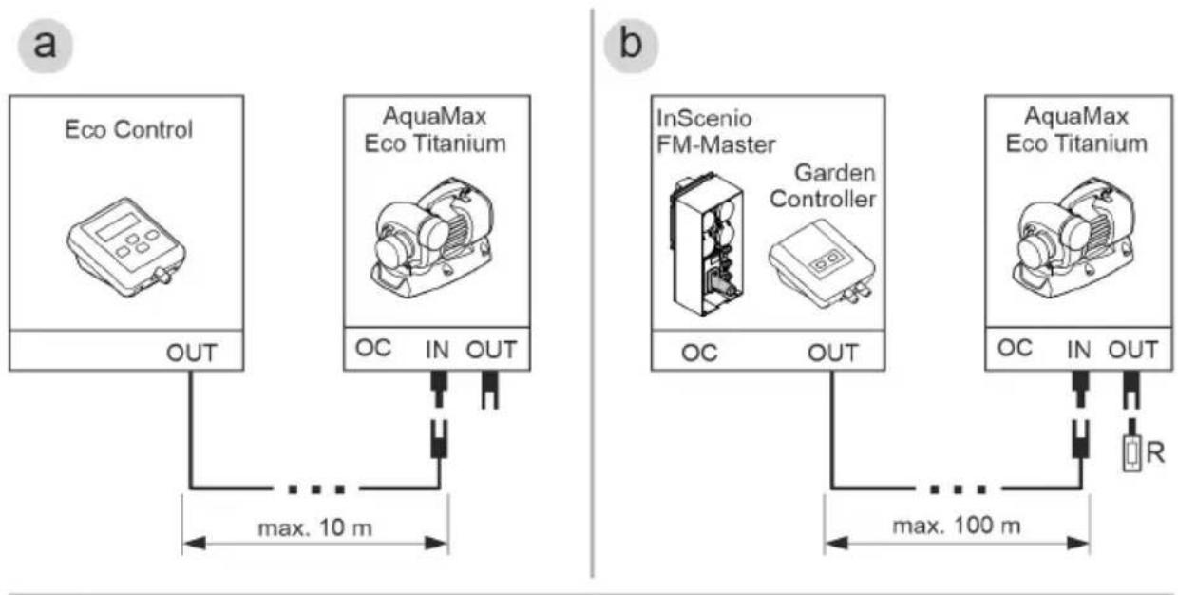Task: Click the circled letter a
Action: pos(46,46)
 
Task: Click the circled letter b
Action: pos(631,46)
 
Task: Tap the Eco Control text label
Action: pos(129,130)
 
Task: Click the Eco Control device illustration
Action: pos(126,247)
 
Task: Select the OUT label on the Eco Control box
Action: pos(192,353)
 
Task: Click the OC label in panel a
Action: pos(373,348)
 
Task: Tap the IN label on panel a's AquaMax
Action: pos(438,350)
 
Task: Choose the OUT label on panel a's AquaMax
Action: pos(492,350)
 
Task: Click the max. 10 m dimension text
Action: pos(315,528)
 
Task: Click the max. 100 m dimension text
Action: pos(957,526)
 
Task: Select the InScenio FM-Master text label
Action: pos(715,131)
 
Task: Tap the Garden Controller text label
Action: pos(823,185)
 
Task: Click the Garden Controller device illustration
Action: pos(822,262)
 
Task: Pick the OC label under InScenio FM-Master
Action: pos(699,353)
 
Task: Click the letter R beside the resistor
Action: pos(1155,452)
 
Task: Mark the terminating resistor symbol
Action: pos(1131,453)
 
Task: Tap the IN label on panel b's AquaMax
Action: pos(1079,350)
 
